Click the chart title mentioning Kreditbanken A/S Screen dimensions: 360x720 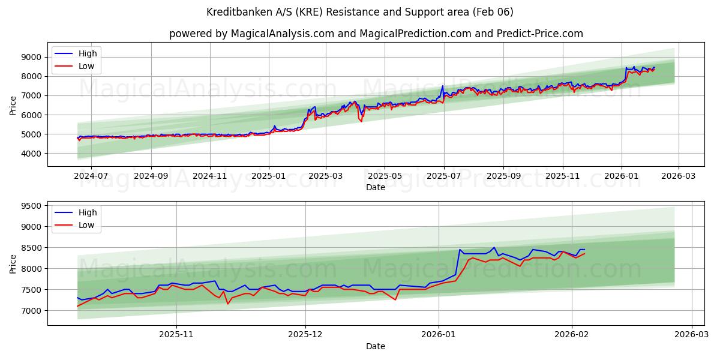pos(360,12)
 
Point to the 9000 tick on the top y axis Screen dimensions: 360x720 pos(31,57)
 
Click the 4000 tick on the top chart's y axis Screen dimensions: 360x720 pos(31,154)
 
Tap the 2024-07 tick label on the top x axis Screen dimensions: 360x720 pos(91,176)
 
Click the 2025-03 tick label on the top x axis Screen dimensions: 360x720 pos(326,176)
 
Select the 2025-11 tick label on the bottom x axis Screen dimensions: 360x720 pos(177,335)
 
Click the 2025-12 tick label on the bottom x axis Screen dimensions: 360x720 pos(305,335)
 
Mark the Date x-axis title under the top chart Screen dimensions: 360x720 pos(376,187)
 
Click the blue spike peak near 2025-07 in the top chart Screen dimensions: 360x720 pos(443,86)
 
